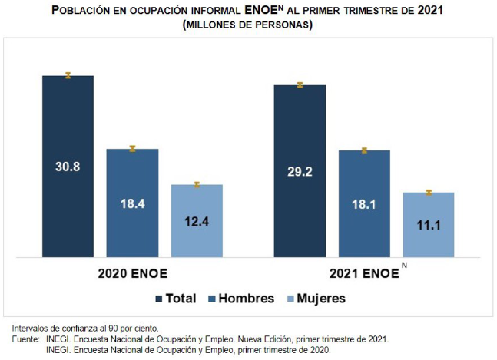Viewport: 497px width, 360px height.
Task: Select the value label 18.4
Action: click(132, 203)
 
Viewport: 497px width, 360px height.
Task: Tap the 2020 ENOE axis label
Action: click(132, 273)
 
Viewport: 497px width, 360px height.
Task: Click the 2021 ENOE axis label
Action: click(363, 273)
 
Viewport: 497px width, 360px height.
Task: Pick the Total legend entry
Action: click(175, 299)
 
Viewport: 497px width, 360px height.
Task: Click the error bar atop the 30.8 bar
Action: click(68, 75)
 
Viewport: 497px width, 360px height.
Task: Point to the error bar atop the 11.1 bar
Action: click(429, 192)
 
